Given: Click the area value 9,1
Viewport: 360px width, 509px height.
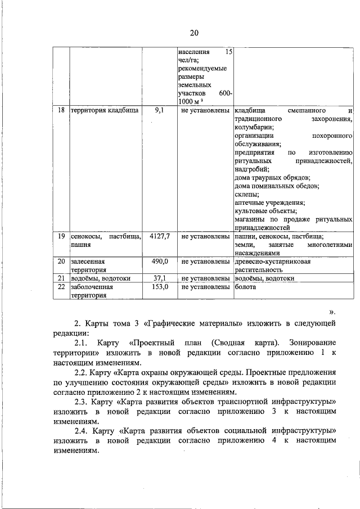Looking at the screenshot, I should coord(159,111).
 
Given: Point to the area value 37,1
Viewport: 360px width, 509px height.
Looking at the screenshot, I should coord(159,278).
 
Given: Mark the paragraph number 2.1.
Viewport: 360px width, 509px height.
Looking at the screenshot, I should coord(82,343).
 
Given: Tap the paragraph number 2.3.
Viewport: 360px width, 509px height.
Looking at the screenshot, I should coord(82,402).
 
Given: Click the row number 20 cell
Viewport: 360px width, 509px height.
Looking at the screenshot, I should coord(61,262).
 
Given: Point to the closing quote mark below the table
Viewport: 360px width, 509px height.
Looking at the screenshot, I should coord(332,310).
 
